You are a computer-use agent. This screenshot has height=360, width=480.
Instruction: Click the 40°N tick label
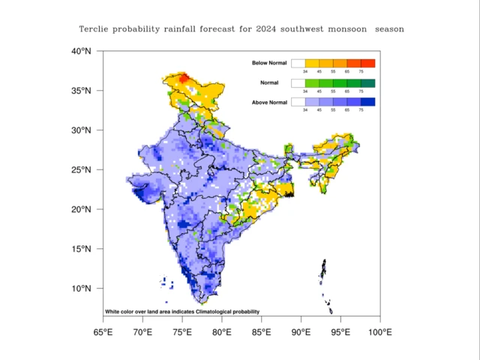[x=82, y=52]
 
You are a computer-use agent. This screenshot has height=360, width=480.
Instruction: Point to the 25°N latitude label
[x=82, y=170]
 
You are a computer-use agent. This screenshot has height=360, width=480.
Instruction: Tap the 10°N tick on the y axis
[x=82, y=289]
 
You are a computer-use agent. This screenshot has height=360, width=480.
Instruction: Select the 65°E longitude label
[x=103, y=332]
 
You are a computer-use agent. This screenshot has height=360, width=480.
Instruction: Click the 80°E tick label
[x=221, y=332]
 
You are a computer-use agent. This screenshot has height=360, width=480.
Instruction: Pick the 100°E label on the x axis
[x=379, y=332]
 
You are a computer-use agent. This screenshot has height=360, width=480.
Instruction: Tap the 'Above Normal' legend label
[x=268, y=101]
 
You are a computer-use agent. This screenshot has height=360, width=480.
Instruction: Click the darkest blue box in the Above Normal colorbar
[x=367, y=101]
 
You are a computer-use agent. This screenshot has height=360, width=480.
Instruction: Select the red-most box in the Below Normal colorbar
[x=367, y=63]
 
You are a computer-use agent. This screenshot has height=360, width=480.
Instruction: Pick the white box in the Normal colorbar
[x=298, y=82]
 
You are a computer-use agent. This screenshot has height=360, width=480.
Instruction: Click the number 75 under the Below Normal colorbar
[x=361, y=72]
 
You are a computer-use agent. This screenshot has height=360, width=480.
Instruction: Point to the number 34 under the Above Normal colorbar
[x=306, y=110]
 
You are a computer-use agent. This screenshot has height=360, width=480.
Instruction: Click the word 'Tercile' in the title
[x=97, y=28]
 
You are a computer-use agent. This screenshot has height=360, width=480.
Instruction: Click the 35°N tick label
[x=82, y=91]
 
